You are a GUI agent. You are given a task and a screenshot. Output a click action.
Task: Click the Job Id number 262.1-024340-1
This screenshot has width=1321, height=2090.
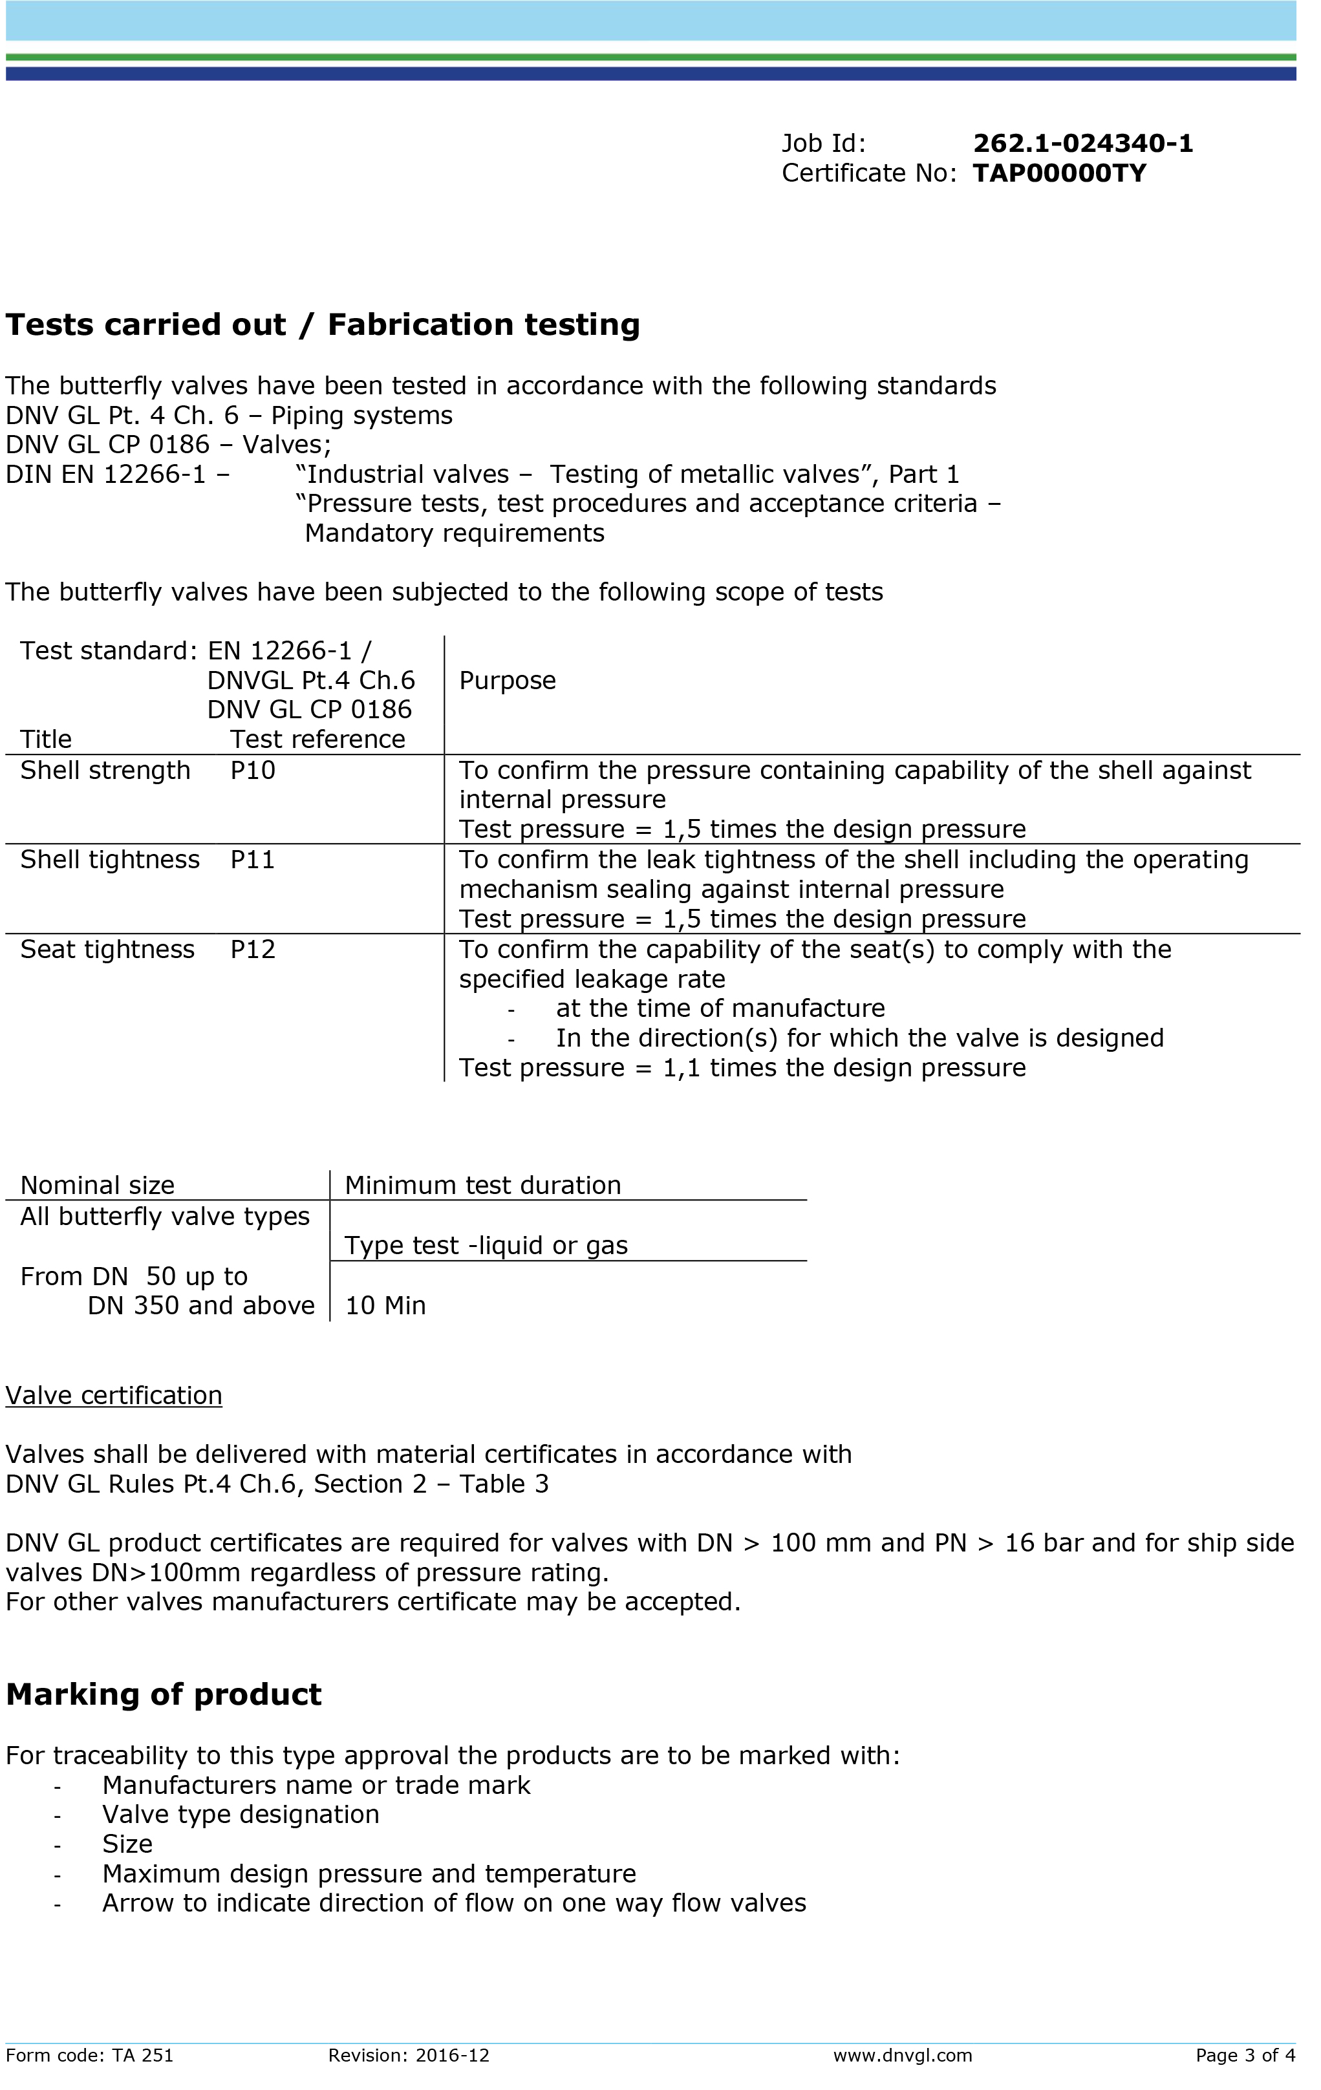pyautogui.click(x=1082, y=144)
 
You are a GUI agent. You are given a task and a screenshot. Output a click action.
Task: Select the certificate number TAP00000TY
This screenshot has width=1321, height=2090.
pyautogui.click(x=1059, y=174)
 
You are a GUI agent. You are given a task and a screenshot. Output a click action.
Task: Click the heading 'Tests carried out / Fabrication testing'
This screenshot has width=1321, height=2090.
pyautogui.click(x=323, y=325)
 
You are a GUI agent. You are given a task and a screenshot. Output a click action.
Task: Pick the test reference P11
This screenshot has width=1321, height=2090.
pyautogui.click(x=253, y=860)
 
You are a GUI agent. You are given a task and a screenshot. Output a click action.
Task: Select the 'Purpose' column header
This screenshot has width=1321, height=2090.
pyautogui.click(x=508, y=681)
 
